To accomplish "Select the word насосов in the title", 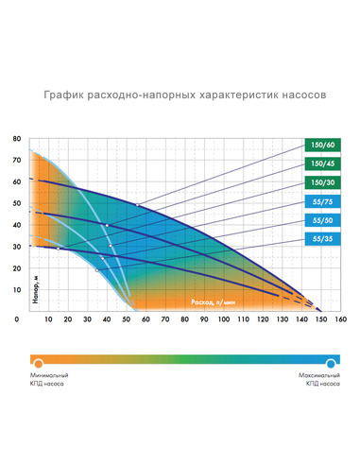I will point(300,96).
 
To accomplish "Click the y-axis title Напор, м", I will point(26,287).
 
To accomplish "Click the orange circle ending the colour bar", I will point(36,362).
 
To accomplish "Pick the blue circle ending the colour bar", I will point(332,362).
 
